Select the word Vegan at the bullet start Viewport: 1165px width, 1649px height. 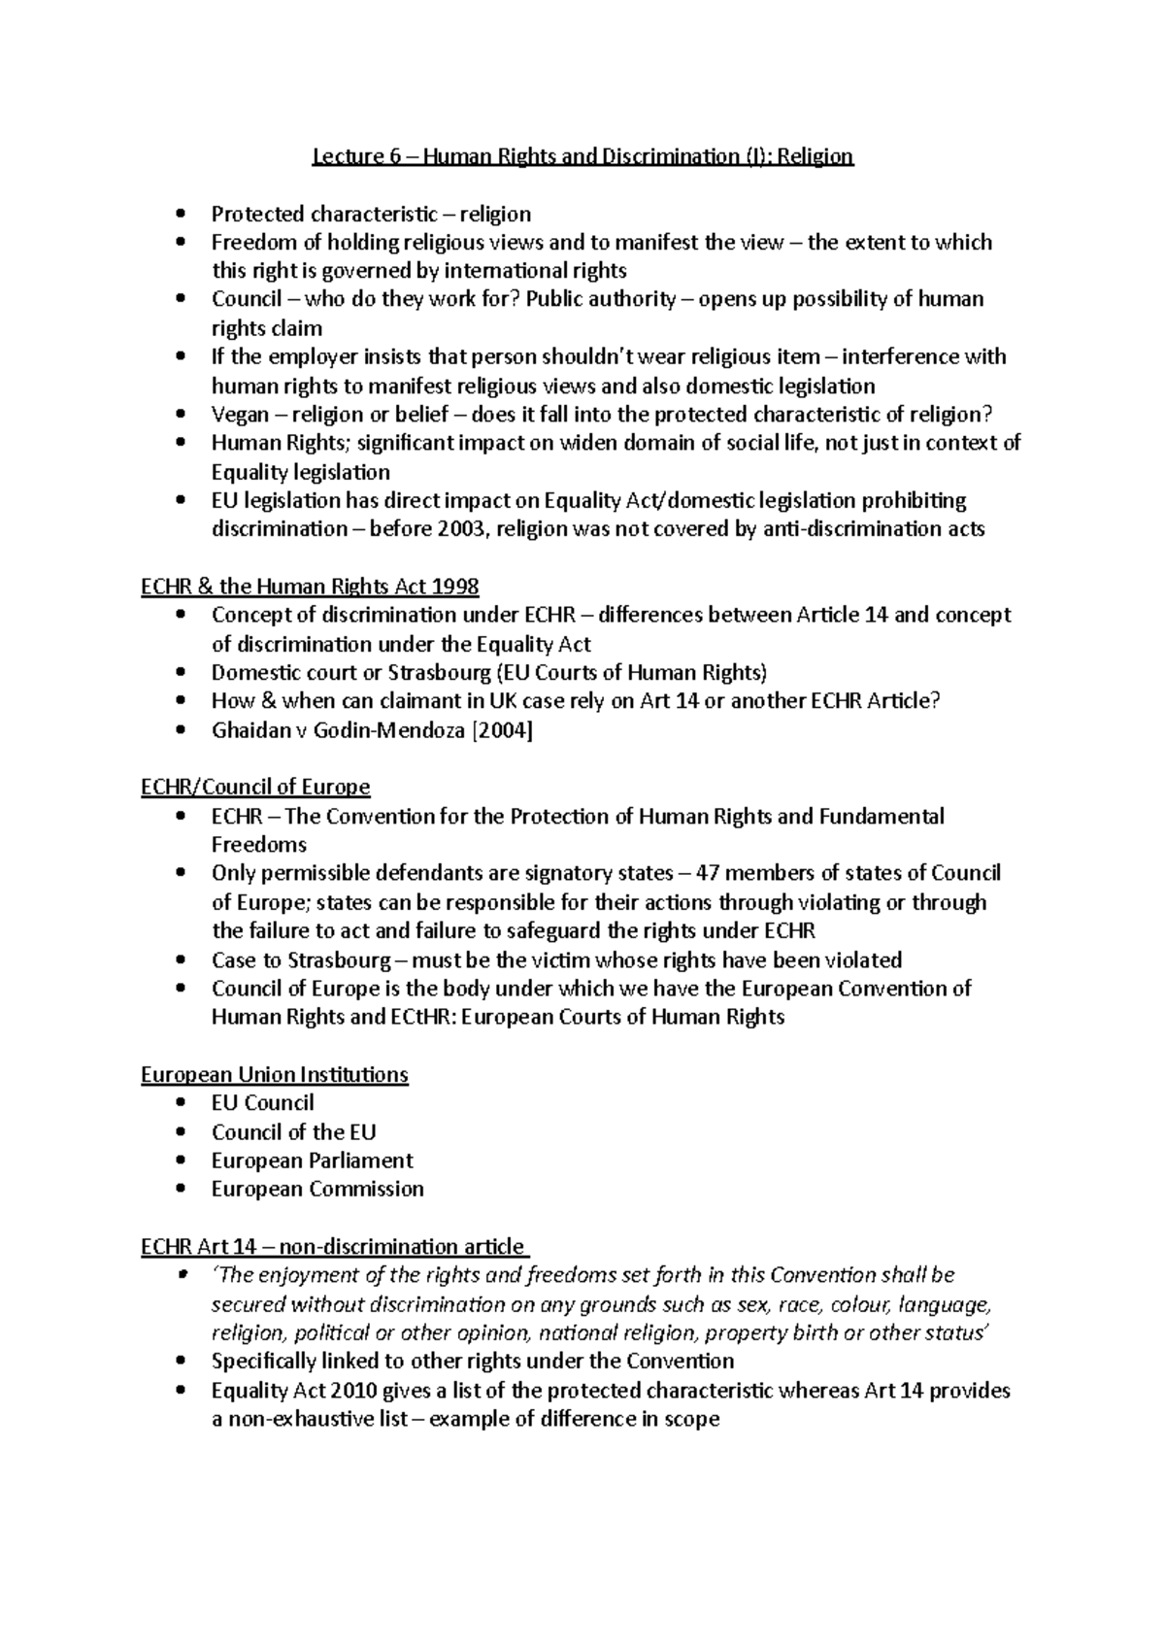(240, 415)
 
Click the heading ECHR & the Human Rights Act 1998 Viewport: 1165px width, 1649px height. (310, 587)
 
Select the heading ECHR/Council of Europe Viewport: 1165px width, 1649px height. (255, 787)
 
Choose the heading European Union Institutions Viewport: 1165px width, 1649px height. (275, 1075)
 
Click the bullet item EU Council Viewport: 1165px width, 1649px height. (262, 1103)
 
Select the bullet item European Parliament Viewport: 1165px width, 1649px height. (312, 1161)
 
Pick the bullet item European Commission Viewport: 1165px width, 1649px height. (317, 1190)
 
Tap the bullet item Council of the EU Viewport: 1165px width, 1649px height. (293, 1132)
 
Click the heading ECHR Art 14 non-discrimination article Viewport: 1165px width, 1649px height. (333, 1247)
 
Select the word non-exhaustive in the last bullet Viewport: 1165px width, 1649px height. (304, 1420)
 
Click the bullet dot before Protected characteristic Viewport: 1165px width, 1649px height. (181, 214)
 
